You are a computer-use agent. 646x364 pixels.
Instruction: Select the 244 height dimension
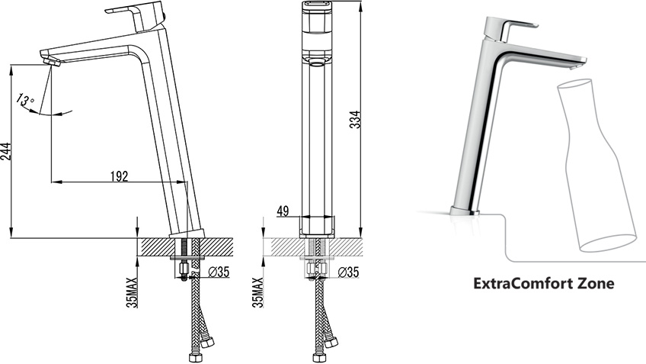pos(5,151)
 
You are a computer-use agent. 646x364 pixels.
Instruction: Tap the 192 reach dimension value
pos(120,176)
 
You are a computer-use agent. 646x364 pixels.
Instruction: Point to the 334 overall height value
pos(355,119)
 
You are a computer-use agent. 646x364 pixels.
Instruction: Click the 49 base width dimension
pos(283,211)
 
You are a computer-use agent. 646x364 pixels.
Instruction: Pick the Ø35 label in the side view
pos(219,272)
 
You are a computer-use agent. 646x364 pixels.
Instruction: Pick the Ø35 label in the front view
pos(348,272)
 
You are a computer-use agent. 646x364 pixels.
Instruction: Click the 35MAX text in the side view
pos(132,292)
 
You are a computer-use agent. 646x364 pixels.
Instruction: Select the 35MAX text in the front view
pos(258,292)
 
